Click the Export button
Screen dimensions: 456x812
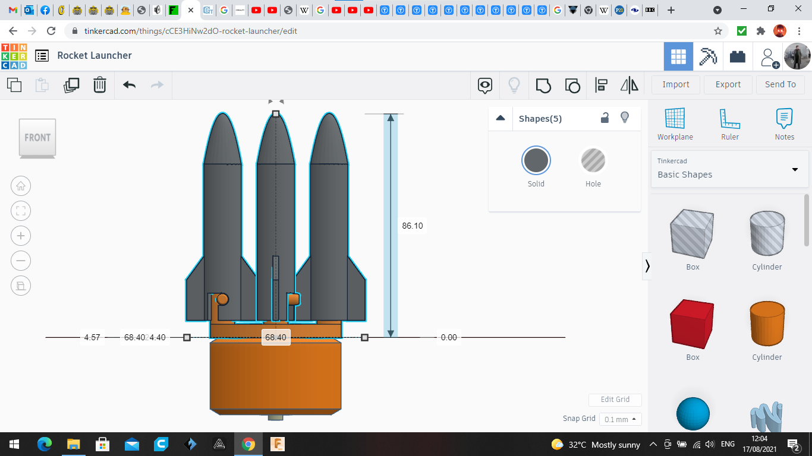pyautogui.click(x=728, y=84)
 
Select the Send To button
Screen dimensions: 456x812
pyautogui.click(x=780, y=84)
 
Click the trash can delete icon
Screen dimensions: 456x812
pyautogui.click(x=100, y=85)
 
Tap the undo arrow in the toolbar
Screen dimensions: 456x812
pyautogui.click(x=130, y=85)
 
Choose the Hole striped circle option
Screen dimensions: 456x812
pyautogui.click(x=593, y=161)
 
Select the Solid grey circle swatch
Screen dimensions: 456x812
pyautogui.click(x=536, y=161)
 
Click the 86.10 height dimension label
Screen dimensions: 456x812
pyautogui.click(x=412, y=226)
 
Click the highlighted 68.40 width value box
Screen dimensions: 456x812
pyautogui.click(x=276, y=337)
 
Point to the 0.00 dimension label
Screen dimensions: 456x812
pyautogui.click(x=449, y=337)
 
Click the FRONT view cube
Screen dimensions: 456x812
pyautogui.click(x=37, y=138)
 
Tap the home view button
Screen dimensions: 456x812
pyautogui.click(x=21, y=186)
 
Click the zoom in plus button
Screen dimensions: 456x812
pyautogui.click(x=21, y=236)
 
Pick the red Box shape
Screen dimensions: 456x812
pyautogui.click(x=693, y=325)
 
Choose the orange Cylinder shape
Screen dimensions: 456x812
pyautogui.click(x=767, y=324)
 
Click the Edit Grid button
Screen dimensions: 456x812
pyautogui.click(x=615, y=400)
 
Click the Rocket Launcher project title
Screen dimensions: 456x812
pyautogui.click(x=95, y=55)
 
